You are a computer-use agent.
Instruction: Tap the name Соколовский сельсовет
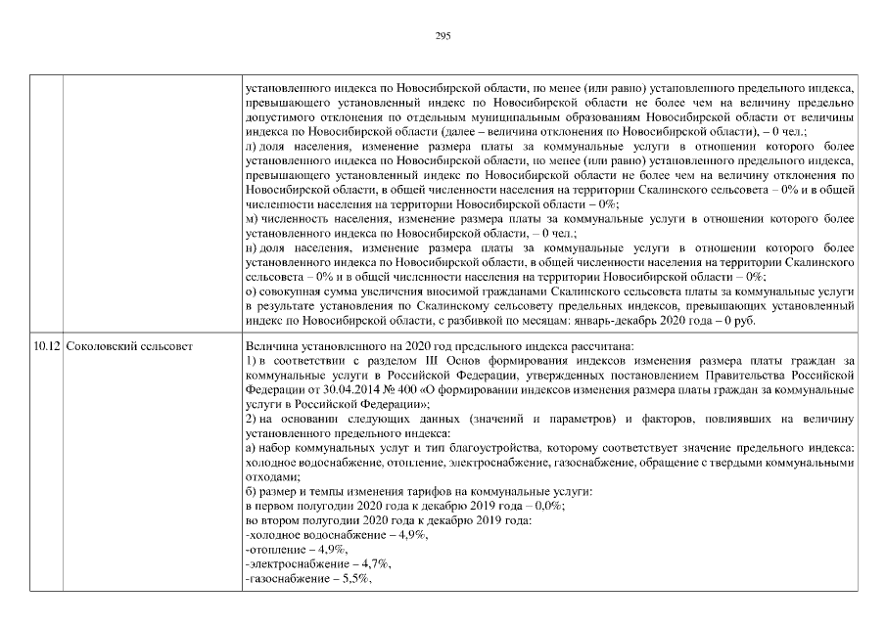pyautogui.click(x=128, y=346)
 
